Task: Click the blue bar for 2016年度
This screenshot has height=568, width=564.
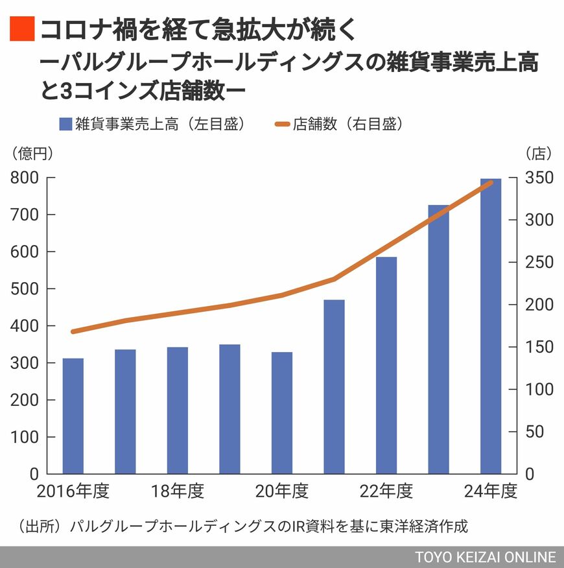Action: [x=73, y=416]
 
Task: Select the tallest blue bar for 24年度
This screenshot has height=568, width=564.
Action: [x=491, y=326]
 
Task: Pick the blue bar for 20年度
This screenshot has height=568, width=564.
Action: [x=282, y=412]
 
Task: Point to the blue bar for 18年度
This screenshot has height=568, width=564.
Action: [x=178, y=410]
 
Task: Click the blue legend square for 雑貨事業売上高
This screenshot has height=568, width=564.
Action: [x=65, y=124]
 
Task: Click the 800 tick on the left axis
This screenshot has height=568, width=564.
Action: [x=25, y=178]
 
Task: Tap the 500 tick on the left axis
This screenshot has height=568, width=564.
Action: [x=25, y=289]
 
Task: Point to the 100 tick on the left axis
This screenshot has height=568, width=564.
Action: [x=25, y=437]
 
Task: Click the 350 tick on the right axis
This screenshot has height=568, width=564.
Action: [x=539, y=178]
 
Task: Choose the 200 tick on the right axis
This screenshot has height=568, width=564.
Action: [x=539, y=305]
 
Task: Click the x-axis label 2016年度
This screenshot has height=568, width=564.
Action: [x=73, y=491]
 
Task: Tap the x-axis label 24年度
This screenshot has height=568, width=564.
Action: [x=491, y=491]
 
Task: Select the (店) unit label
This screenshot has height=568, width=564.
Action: [x=539, y=154]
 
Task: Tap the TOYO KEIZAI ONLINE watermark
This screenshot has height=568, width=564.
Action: [x=486, y=558]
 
